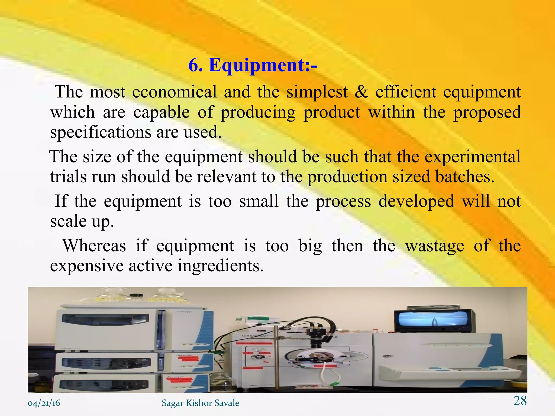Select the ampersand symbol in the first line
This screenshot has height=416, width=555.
[x=361, y=92]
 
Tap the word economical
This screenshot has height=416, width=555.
[x=175, y=92]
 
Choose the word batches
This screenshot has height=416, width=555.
[x=465, y=177]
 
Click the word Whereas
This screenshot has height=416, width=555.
[x=94, y=246]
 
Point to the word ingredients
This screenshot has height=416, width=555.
[x=221, y=266]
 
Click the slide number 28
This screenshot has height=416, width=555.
[x=520, y=401]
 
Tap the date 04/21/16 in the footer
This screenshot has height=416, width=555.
[x=44, y=403]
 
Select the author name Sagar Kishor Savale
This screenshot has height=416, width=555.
[x=201, y=403]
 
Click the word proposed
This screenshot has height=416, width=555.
[x=487, y=112]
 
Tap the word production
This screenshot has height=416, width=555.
[x=348, y=177]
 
